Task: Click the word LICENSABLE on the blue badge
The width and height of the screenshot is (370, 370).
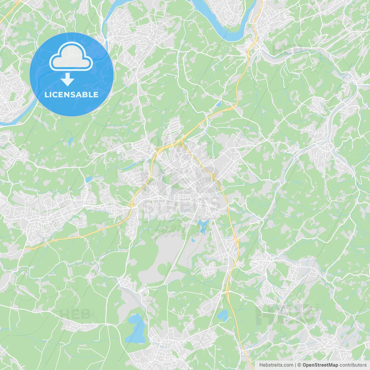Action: coord(71,95)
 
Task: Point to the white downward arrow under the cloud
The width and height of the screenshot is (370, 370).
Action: coord(67,79)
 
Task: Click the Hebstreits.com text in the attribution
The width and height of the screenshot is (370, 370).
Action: coord(276,365)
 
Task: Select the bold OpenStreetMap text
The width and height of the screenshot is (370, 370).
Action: coord(320,365)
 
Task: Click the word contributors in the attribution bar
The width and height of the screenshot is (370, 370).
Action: coord(353,365)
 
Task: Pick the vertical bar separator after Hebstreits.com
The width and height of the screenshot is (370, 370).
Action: coord(295,365)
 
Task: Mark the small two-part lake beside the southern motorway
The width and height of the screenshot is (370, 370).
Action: coord(223,315)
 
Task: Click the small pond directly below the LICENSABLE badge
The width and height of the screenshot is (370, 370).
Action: coord(71,141)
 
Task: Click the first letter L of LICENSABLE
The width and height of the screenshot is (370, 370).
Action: coord(46,95)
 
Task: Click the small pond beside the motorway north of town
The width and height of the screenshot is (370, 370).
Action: coord(219,104)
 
